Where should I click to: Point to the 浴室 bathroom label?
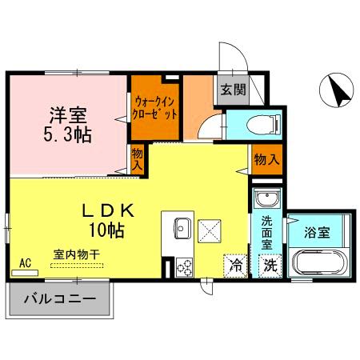click(x=318, y=233)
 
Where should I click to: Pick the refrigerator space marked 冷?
click(x=235, y=265)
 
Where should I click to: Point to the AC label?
click(x=25, y=262)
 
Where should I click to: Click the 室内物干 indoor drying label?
click(x=77, y=253)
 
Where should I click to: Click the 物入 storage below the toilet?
click(x=266, y=159)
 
